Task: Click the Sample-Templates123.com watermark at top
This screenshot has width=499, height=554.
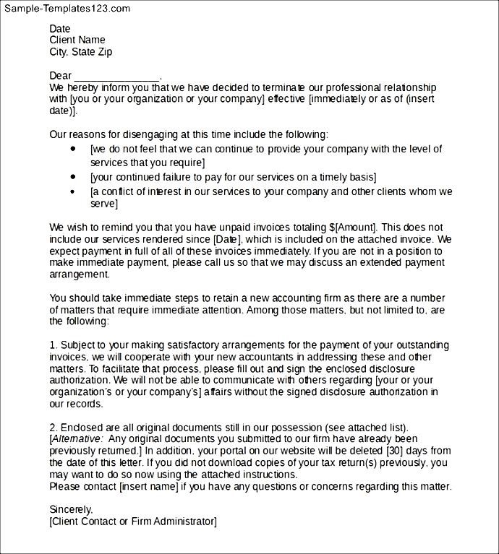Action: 66,9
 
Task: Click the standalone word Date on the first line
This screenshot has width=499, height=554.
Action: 60,28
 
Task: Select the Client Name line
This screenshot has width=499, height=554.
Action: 77,40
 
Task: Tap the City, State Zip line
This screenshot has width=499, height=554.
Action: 81,52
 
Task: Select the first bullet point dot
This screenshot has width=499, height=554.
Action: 73,148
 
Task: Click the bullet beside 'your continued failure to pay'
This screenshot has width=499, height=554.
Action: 73,176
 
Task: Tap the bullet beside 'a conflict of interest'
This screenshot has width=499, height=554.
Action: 73,191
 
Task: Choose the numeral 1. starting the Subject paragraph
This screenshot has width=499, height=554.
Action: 53,344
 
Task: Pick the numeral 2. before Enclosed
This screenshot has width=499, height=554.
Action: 53,428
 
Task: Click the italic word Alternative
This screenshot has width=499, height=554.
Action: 77,439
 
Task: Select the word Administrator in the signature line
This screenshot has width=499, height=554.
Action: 184,521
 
